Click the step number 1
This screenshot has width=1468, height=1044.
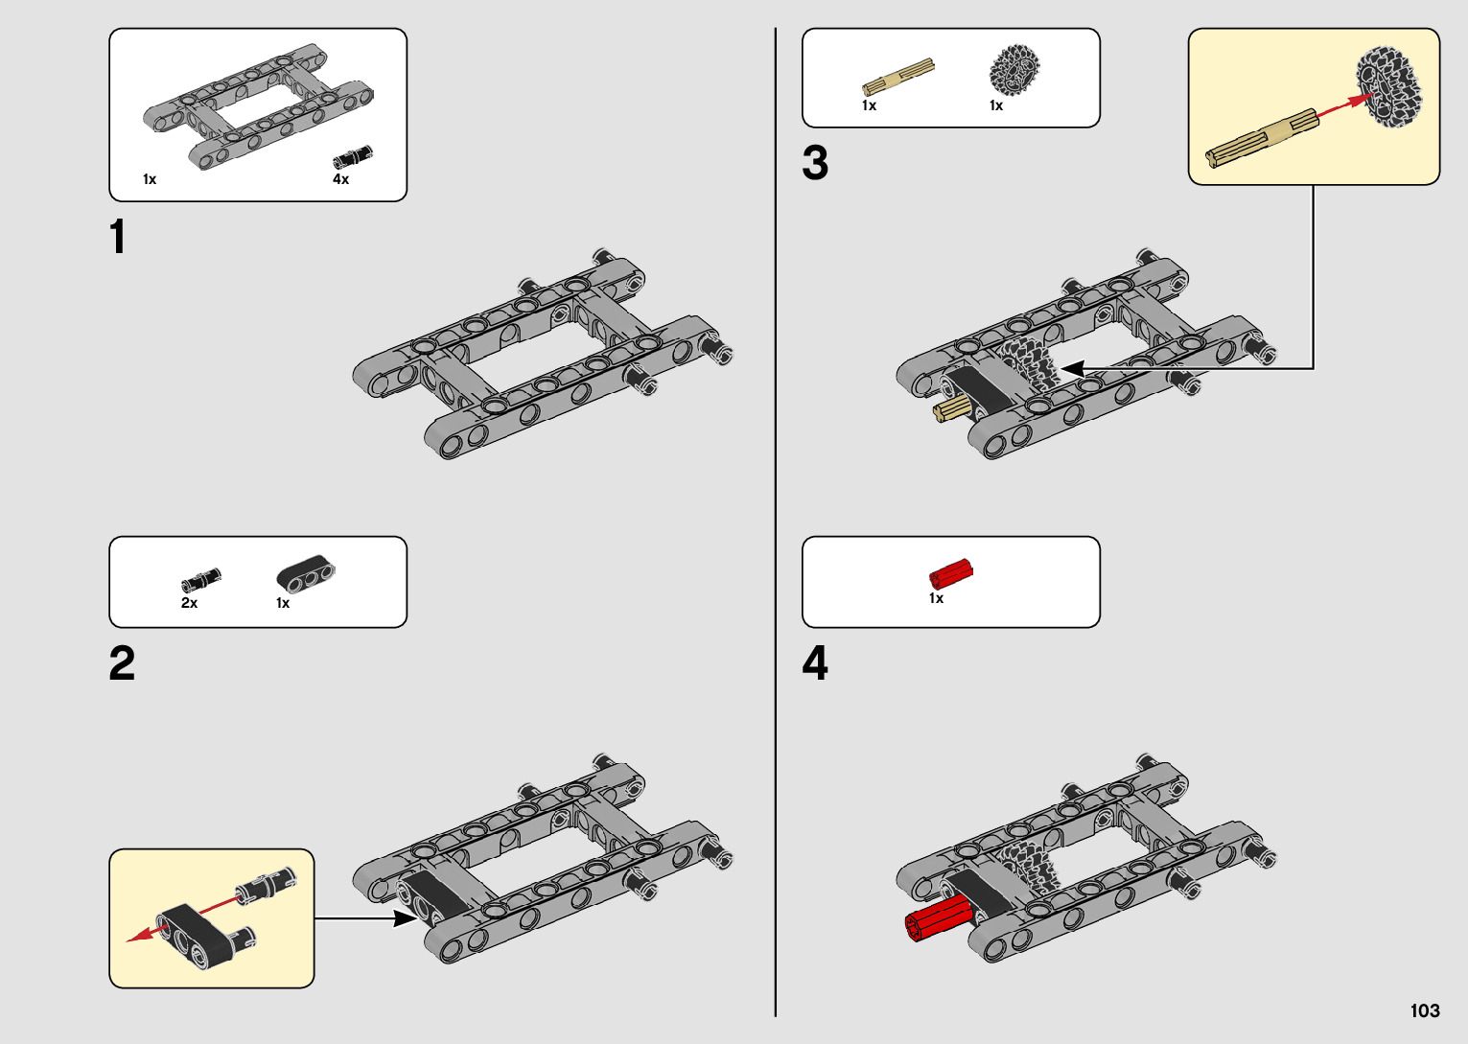118,237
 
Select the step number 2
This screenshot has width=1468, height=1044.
122,663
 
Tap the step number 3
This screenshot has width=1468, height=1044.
815,163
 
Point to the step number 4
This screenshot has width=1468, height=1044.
815,663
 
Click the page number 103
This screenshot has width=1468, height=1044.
1425,1010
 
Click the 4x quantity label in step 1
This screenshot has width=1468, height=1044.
340,179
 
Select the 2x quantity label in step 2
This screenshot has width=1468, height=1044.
189,603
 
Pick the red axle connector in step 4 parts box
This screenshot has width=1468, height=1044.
950,573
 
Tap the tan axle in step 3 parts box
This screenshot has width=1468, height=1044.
897,78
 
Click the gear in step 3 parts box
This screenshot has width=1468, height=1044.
1014,70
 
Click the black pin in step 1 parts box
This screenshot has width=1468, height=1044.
352,156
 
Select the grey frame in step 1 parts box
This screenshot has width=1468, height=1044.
257,105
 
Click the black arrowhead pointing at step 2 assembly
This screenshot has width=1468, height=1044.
407,918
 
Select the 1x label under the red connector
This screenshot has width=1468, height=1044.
936,598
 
